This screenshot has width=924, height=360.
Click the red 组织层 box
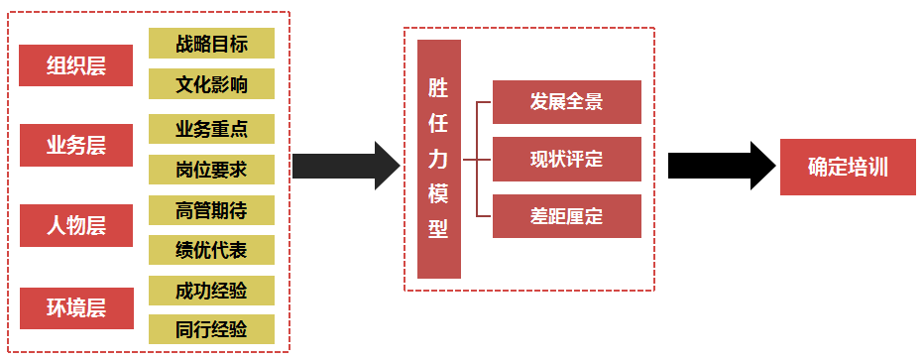76,65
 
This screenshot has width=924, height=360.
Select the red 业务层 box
76,146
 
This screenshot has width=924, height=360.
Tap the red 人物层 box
76,225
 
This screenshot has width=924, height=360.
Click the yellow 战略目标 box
211,44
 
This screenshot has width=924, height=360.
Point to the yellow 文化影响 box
211,84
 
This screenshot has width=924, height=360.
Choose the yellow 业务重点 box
211,129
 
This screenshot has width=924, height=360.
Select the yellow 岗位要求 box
211,170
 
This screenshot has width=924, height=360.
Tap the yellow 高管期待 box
211,210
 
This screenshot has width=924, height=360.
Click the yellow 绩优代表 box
211,250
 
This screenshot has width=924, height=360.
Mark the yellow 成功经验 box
211,291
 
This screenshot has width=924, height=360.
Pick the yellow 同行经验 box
211,329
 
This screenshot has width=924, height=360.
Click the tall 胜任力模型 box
439,159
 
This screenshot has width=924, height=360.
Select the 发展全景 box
567,102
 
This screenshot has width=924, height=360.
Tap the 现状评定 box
567,159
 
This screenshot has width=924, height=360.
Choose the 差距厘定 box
567,215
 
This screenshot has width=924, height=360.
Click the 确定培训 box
848,167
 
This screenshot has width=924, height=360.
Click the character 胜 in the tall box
439,88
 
